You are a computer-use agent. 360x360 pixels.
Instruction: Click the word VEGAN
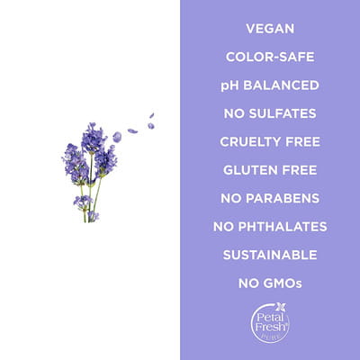[270, 29]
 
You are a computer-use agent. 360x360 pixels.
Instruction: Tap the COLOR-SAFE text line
[270, 57]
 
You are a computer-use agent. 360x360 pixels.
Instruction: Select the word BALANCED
[281, 85]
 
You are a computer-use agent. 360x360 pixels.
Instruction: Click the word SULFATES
[283, 113]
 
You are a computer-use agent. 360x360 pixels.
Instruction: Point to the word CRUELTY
[250, 141]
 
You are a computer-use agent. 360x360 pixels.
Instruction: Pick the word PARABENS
[283, 198]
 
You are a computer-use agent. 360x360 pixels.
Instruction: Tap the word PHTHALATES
[283, 227]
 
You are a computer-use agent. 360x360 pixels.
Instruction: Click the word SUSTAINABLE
[270, 255]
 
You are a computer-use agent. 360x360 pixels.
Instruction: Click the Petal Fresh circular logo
[270, 323]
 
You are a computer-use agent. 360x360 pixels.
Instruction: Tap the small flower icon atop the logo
[281, 307]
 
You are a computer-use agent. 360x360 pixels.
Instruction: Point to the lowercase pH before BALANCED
[230, 85]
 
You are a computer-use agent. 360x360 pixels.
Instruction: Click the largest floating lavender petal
[117, 137]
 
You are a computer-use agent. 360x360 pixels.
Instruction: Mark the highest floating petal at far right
[152, 115]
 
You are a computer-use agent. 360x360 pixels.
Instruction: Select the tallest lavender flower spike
[93, 139]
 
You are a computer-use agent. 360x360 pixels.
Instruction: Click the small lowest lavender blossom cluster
[93, 216]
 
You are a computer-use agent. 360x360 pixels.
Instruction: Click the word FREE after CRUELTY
[302, 141]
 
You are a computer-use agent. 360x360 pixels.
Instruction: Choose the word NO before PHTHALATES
[223, 227]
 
